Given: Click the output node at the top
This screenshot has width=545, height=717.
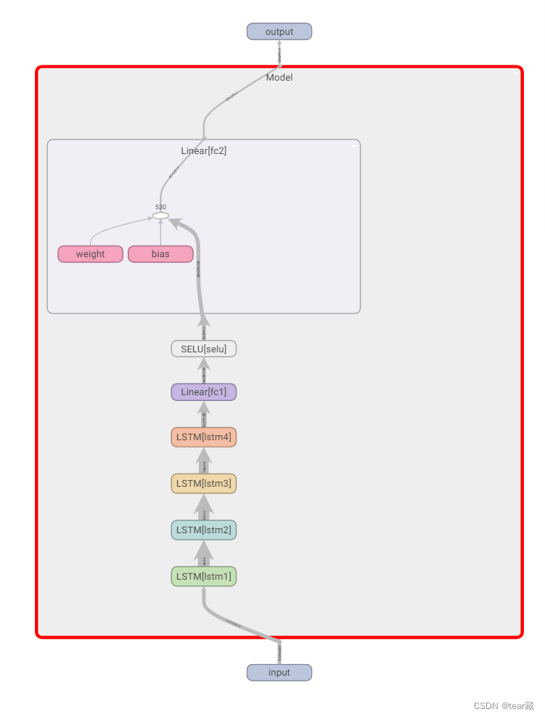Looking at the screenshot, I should [x=279, y=31].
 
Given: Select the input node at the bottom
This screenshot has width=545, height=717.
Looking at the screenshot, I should [x=279, y=672].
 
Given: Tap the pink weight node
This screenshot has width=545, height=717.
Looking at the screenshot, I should [x=90, y=254].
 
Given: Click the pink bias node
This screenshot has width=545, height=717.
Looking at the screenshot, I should [x=160, y=254].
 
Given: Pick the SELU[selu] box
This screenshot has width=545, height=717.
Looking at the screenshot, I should [x=203, y=349].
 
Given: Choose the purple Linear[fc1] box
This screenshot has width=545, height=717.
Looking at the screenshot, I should [x=203, y=392].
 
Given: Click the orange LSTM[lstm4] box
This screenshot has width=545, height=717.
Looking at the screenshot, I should [x=203, y=437].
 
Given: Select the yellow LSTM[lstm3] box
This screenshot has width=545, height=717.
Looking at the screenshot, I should [x=203, y=483].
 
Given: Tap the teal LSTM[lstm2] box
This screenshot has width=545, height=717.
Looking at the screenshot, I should [x=203, y=530].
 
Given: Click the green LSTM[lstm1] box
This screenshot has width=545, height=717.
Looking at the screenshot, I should [x=203, y=576].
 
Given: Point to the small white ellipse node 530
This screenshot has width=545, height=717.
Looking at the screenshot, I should [x=160, y=216].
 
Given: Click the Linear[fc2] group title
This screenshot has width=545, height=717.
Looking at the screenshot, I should [x=204, y=151].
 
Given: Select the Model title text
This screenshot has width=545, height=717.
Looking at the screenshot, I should [x=279, y=78].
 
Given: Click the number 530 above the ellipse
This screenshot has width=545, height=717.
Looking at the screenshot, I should [x=160, y=207].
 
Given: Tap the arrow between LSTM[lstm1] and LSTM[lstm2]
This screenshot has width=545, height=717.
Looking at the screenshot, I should [x=204, y=554].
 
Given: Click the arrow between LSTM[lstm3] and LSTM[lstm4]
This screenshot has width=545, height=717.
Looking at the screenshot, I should [x=204, y=461].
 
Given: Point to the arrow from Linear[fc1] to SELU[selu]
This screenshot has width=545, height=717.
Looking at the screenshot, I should [x=204, y=371].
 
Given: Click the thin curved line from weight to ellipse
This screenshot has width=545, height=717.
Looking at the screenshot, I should [x=109, y=228].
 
